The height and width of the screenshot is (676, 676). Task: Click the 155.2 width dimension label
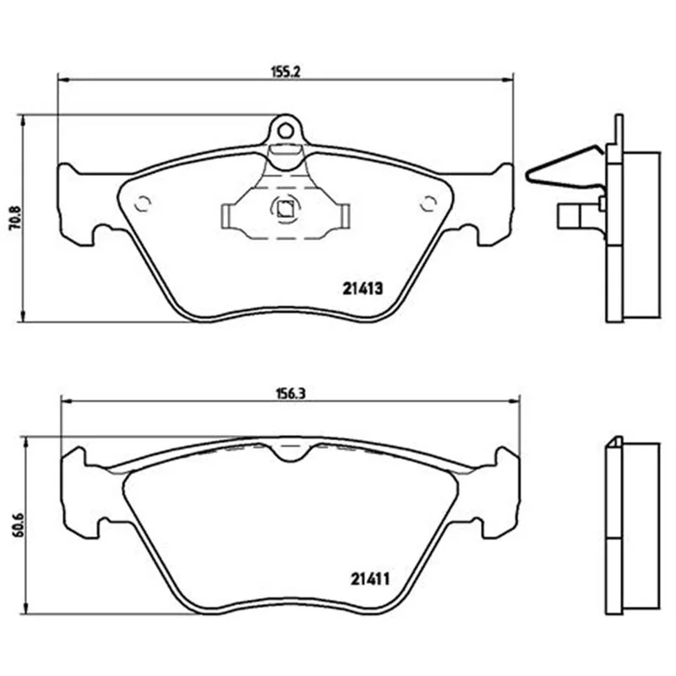click(285, 72)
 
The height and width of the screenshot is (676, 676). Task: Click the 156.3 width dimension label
click(290, 394)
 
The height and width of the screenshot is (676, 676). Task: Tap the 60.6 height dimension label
click(19, 524)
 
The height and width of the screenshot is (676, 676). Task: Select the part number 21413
click(363, 289)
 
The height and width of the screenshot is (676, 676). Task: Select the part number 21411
click(370, 579)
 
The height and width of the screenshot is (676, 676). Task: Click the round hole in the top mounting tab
click(285, 130)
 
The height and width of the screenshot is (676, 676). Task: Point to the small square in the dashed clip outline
click(285, 210)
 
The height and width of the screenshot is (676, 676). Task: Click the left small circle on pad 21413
click(142, 204)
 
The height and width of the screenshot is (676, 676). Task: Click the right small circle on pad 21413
click(428, 204)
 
